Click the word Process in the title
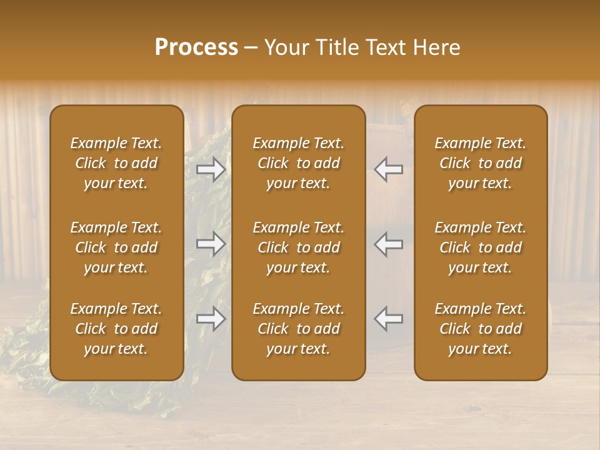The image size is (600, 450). (x=196, y=47)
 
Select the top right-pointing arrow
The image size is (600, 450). (x=211, y=169)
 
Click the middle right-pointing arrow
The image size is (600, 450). (x=211, y=244)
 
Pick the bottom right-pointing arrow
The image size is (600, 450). (x=211, y=319)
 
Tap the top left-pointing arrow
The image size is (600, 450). (x=388, y=169)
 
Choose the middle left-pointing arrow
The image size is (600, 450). (x=388, y=244)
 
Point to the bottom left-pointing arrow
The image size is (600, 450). (x=388, y=319)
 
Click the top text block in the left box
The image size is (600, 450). (x=116, y=163)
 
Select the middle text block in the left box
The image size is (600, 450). (x=116, y=247)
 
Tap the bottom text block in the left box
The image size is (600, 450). (x=116, y=329)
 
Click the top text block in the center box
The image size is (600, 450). (x=298, y=163)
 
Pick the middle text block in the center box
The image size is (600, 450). (x=298, y=247)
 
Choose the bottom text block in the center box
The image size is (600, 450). (x=298, y=329)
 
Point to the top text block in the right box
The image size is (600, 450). (x=481, y=163)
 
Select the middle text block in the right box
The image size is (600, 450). (x=481, y=247)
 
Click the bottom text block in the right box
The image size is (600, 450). (x=481, y=329)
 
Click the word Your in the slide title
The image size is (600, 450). (x=287, y=47)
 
